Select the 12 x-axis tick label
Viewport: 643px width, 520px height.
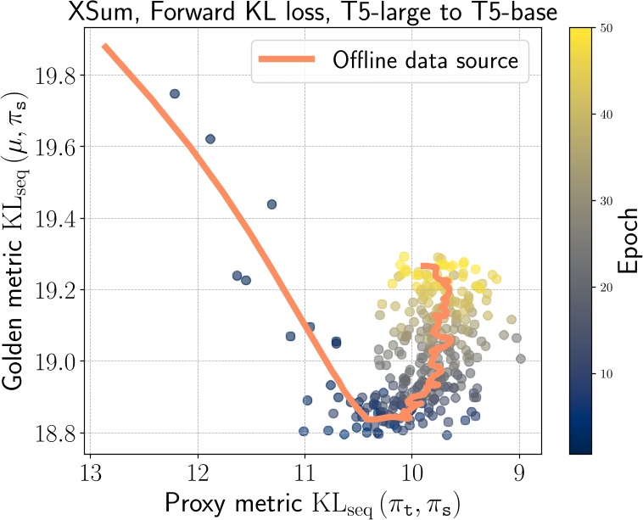tap(198, 471)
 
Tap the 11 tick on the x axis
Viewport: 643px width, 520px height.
tap(305, 471)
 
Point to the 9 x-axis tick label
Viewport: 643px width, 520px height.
tap(518, 471)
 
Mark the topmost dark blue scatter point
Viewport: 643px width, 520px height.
tap(175, 93)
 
